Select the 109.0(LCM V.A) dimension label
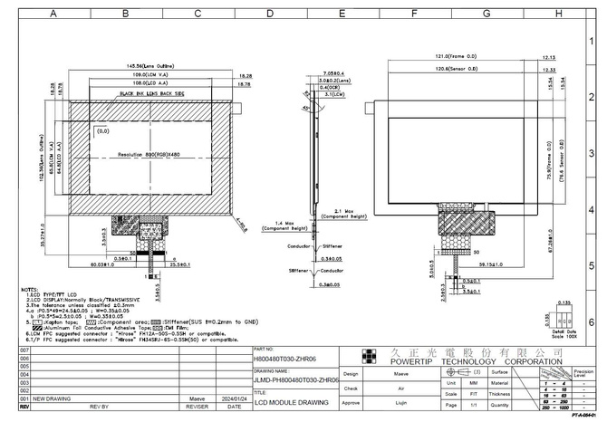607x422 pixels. tap(150, 74)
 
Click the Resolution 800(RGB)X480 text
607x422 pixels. tap(149, 155)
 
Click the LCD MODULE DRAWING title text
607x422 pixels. tap(284, 402)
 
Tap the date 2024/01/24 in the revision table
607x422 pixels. tap(234, 398)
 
